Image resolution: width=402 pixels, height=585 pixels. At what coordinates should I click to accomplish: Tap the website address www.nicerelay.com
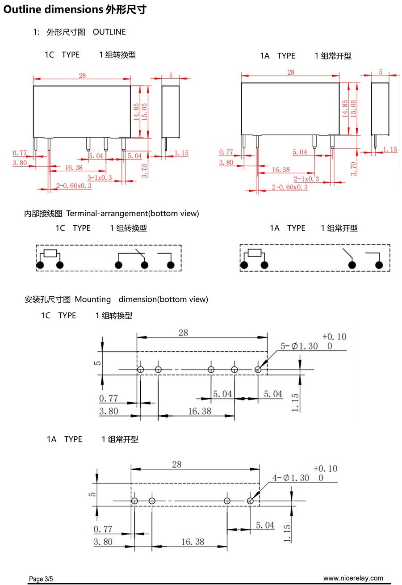[353, 578]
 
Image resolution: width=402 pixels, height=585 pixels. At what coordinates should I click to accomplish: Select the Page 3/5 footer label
[41, 579]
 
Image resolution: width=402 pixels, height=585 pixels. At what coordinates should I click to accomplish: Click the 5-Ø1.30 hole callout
[299, 346]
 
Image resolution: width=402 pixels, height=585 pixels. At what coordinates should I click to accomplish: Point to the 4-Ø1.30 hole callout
[290, 478]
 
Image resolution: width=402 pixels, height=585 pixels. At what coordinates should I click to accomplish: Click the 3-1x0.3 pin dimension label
[100, 177]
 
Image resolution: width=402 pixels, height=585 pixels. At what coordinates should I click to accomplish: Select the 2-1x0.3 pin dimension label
[306, 179]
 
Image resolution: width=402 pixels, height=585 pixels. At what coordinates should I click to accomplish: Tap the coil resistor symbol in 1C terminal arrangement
[50, 253]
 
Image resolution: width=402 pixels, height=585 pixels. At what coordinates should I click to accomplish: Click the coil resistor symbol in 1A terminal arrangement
[254, 253]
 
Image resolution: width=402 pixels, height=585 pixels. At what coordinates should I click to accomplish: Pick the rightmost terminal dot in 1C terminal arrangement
[171, 265]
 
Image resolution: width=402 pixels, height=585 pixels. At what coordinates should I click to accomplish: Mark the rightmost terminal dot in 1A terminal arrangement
[379, 265]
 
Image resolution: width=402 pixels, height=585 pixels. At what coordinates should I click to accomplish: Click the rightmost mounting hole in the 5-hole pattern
[258, 370]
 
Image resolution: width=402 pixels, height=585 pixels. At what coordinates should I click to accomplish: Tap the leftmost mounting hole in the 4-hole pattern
[134, 501]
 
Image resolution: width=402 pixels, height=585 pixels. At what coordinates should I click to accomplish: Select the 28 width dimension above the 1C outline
[82, 76]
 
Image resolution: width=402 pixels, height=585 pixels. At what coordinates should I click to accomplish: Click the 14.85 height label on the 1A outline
[345, 109]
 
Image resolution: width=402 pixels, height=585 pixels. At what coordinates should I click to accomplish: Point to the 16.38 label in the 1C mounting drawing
[200, 411]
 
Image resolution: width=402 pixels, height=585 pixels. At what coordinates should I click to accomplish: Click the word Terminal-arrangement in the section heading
[107, 213]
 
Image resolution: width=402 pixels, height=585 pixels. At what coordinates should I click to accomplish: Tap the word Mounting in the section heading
[92, 299]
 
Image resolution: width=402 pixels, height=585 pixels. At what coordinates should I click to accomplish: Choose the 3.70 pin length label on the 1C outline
[144, 171]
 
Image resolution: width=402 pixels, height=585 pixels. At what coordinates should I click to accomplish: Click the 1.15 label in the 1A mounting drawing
[287, 533]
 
